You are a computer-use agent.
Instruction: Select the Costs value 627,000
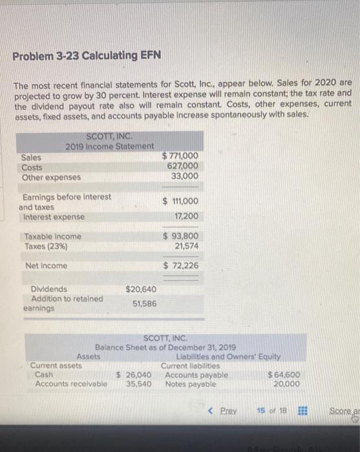(183, 166)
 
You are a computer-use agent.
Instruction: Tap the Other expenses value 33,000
(185, 176)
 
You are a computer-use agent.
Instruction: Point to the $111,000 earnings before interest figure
(181, 201)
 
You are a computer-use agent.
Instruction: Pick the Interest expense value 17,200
(186, 216)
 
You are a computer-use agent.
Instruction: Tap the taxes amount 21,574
(186, 246)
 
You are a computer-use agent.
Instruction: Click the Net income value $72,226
(181, 265)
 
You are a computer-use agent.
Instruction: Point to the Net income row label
(42, 265)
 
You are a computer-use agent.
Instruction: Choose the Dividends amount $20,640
(140, 289)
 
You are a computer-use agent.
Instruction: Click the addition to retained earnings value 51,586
(144, 303)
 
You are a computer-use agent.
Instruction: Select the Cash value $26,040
(134, 375)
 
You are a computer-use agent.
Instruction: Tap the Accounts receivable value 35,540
(138, 384)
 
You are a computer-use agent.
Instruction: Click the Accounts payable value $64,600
(283, 375)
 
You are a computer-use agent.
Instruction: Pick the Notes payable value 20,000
(286, 384)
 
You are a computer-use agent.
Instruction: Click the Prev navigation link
(224, 411)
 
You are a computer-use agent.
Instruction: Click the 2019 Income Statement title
(110, 147)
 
